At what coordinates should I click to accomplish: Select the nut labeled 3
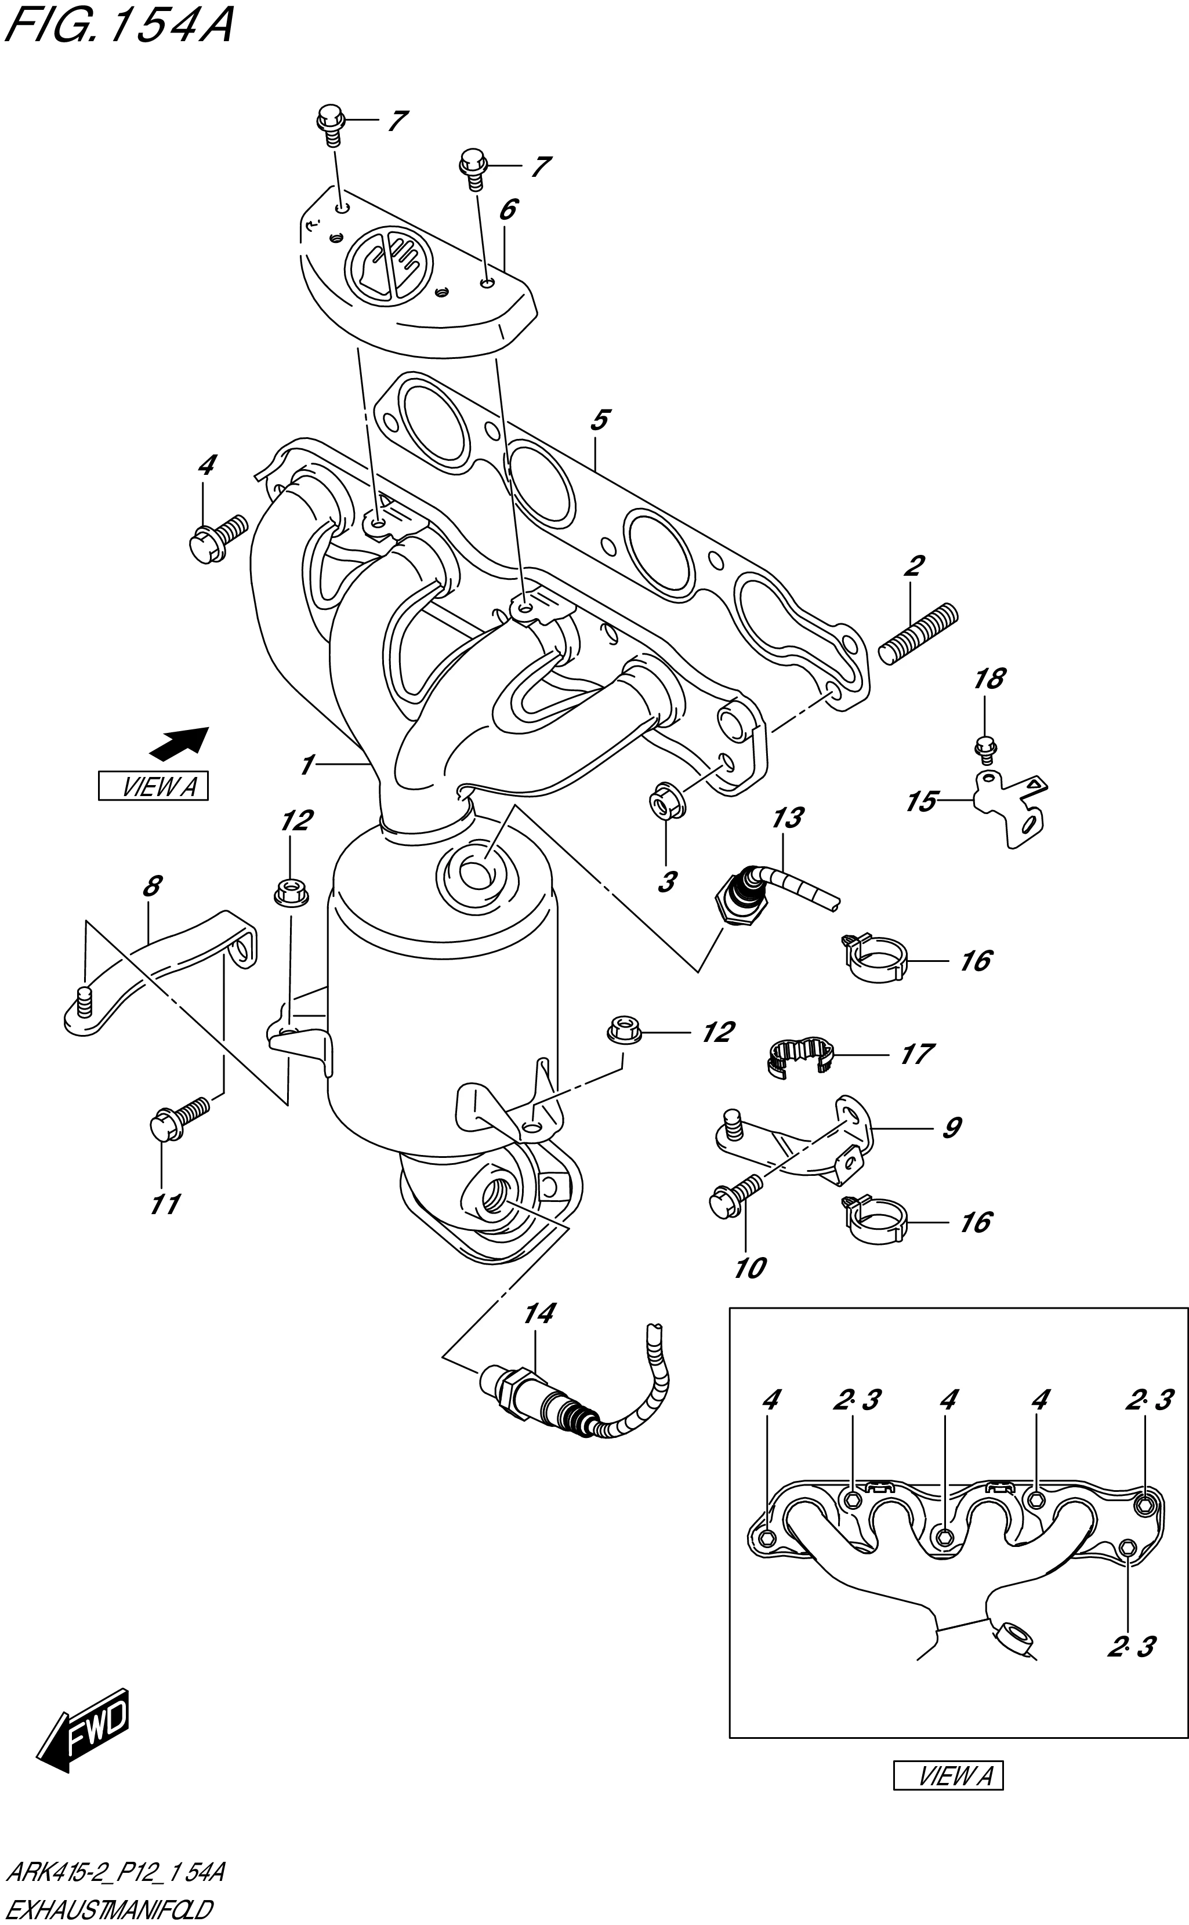665,802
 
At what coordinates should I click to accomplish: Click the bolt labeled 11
177,1118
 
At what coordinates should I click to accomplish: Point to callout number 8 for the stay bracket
152,886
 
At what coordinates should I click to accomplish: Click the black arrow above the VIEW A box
179,743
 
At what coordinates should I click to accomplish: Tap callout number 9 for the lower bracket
951,1128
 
